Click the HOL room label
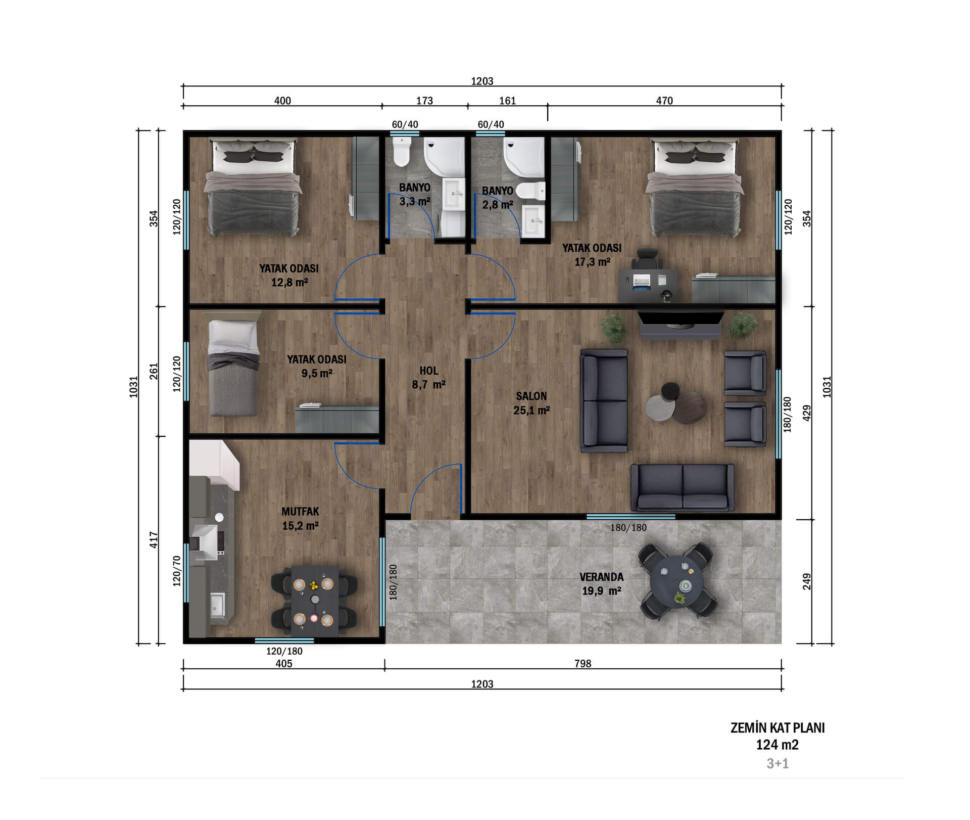point(428,371)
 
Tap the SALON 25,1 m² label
point(531,403)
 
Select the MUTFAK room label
point(300,512)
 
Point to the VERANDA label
point(601,577)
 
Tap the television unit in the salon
point(681,325)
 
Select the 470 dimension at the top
point(664,101)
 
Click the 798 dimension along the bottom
point(583,663)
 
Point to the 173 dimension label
point(424,101)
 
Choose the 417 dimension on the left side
point(154,539)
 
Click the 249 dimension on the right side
point(807,581)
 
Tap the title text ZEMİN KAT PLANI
point(778,728)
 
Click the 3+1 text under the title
point(778,763)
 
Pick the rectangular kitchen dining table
point(314,601)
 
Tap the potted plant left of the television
point(614,328)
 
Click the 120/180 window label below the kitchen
point(284,651)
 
